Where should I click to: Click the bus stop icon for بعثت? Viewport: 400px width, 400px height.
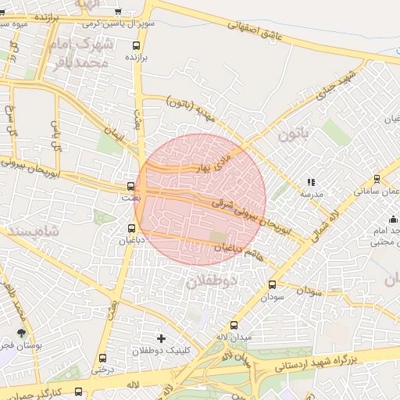point(130,187)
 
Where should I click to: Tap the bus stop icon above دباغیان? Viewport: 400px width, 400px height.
point(130,228)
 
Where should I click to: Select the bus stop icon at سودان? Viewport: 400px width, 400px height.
point(272,285)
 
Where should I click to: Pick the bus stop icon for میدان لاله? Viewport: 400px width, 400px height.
point(234,325)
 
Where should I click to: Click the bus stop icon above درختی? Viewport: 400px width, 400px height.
point(102,359)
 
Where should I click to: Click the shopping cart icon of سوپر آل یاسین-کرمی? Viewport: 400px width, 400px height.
point(118,12)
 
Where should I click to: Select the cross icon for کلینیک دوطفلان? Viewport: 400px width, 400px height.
point(161,338)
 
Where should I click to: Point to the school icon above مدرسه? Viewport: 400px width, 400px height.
point(311,182)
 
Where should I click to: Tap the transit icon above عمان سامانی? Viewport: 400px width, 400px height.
point(377,179)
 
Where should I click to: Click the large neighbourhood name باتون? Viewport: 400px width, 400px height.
point(295,133)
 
